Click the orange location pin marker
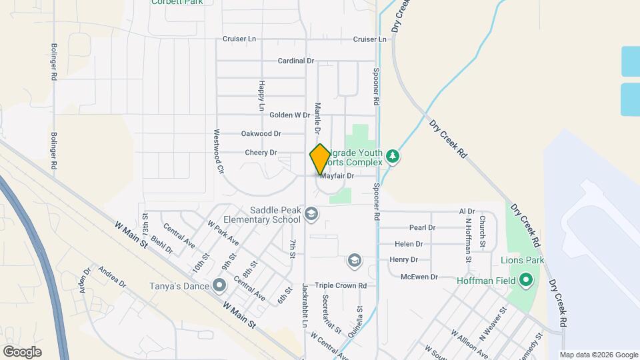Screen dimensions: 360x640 tap(320, 159)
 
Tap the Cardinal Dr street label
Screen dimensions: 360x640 tap(296, 61)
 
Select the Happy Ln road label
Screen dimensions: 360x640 tap(261, 97)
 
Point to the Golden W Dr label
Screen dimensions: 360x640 tap(289, 115)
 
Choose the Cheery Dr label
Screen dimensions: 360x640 tap(261, 153)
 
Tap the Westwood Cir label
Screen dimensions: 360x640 tap(217, 151)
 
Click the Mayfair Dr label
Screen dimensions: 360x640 tap(337, 177)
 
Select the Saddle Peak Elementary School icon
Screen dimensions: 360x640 tap(311, 214)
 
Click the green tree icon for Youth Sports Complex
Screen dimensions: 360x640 tap(393, 157)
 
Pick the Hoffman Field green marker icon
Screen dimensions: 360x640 tap(525, 281)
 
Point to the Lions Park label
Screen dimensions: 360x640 tap(523, 260)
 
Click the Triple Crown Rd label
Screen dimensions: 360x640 tap(341, 285)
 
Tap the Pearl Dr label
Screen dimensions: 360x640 tap(422, 227)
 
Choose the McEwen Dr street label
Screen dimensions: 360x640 tap(419, 277)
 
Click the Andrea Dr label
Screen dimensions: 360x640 tap(112, 277)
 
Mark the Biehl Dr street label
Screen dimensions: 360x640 tap(161, 244)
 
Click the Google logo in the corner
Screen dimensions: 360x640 tap(22, 351)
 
